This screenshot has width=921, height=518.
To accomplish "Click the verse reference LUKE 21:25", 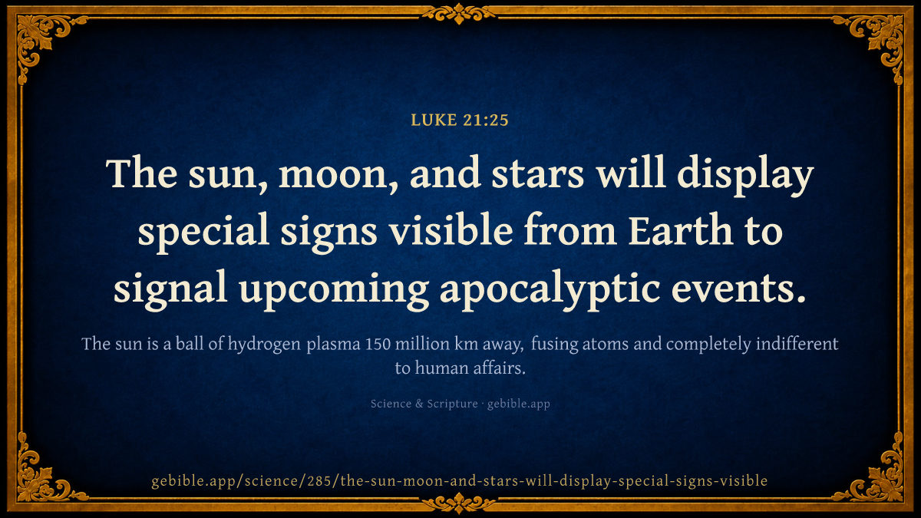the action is [x=460, y=120].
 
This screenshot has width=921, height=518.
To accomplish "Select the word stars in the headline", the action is [x=538, y=173].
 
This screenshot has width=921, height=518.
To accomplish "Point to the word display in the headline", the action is [x=745, y=176].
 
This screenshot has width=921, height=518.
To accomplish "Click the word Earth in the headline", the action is [x=681, y=229].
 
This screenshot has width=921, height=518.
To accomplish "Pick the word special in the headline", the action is [x=203, y=233].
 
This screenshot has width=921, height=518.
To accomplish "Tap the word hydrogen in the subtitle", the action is [x=264, y=345].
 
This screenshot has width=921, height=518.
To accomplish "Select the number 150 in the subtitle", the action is [x=378, y=344].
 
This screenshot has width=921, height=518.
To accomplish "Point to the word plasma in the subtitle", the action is [x=333, y=345].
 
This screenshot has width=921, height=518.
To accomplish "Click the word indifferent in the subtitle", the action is [x=797, y=343].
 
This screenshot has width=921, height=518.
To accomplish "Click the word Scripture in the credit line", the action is [x=452, y=404].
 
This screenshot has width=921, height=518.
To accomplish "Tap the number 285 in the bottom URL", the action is [x=322, y=480].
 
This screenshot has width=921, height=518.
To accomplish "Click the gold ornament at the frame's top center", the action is [x=459, y=13].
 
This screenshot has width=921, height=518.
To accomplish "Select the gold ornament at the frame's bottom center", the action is [x=459, y=503].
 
